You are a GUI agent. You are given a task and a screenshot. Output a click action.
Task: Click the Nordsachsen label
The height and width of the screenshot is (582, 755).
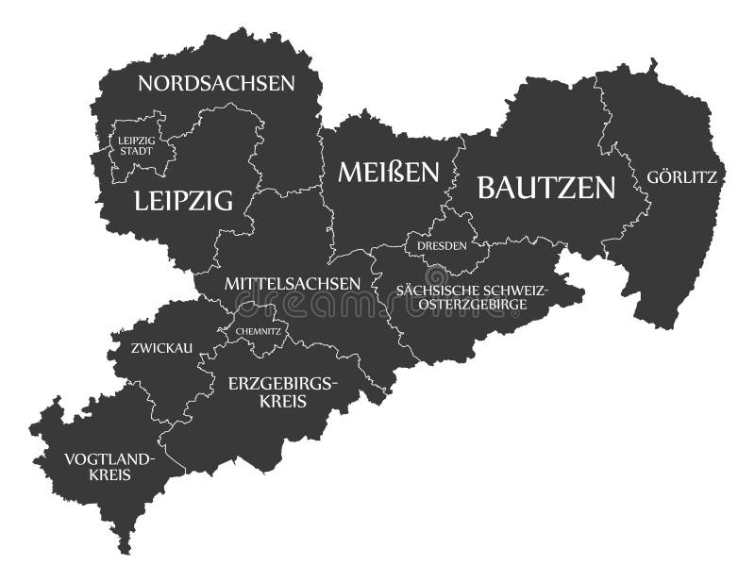click(216, 83)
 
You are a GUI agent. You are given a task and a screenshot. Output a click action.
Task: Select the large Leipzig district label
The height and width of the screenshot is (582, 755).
click(183, 200)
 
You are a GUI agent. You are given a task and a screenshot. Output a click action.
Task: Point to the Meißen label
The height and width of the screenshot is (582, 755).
click(389, 172)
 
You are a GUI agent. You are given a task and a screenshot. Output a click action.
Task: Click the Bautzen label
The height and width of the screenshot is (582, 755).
click(545, 188)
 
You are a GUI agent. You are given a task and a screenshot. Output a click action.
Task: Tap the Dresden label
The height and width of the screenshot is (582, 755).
click(442, 245)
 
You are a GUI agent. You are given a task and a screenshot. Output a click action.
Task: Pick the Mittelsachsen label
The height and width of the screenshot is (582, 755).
click(292, 283)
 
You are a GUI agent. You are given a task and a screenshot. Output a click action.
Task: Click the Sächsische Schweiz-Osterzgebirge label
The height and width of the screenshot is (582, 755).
click(472, 297)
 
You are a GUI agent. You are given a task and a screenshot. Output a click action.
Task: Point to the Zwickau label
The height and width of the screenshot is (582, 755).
click(162, 348)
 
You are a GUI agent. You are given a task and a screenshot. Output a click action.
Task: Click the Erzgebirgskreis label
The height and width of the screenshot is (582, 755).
click(281, 392)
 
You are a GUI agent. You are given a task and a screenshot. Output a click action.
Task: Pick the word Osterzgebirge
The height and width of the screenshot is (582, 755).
click(472, 305)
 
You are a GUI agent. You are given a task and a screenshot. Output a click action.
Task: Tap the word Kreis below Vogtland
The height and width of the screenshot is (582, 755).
click(109, 476)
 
